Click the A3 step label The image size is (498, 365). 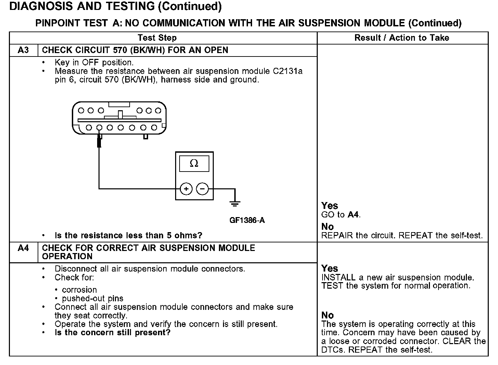pyautogui.click(x=23, y=50)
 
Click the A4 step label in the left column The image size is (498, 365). pyautogui.click(x=23, y=248)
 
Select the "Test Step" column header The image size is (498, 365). pyautogui.click(x=157, y=38)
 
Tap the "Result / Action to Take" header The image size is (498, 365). pyautogui.click(x=402, y=38)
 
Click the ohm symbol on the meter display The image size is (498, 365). pyautogui.click(x=194, y=164)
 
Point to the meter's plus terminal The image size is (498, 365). pyautogui.click(x=186, y=189)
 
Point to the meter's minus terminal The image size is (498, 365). pyautogui.click(x=202, y=189)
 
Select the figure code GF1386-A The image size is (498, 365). pyautogui.click(x=247, y=220)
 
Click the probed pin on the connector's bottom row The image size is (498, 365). pyautogui.click(x=99, y=128)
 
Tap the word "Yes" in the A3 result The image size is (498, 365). pyautogui.click(x=330, y=206)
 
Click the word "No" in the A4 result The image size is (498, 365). pyautogui.click(x=327, y=315)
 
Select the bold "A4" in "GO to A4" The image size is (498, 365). pyautogui.click(x=353, y=215)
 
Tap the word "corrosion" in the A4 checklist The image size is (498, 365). pyautogui.click(x=79, y=290)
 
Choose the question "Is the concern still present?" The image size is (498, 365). pyautogui.click(x=113, y=333)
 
